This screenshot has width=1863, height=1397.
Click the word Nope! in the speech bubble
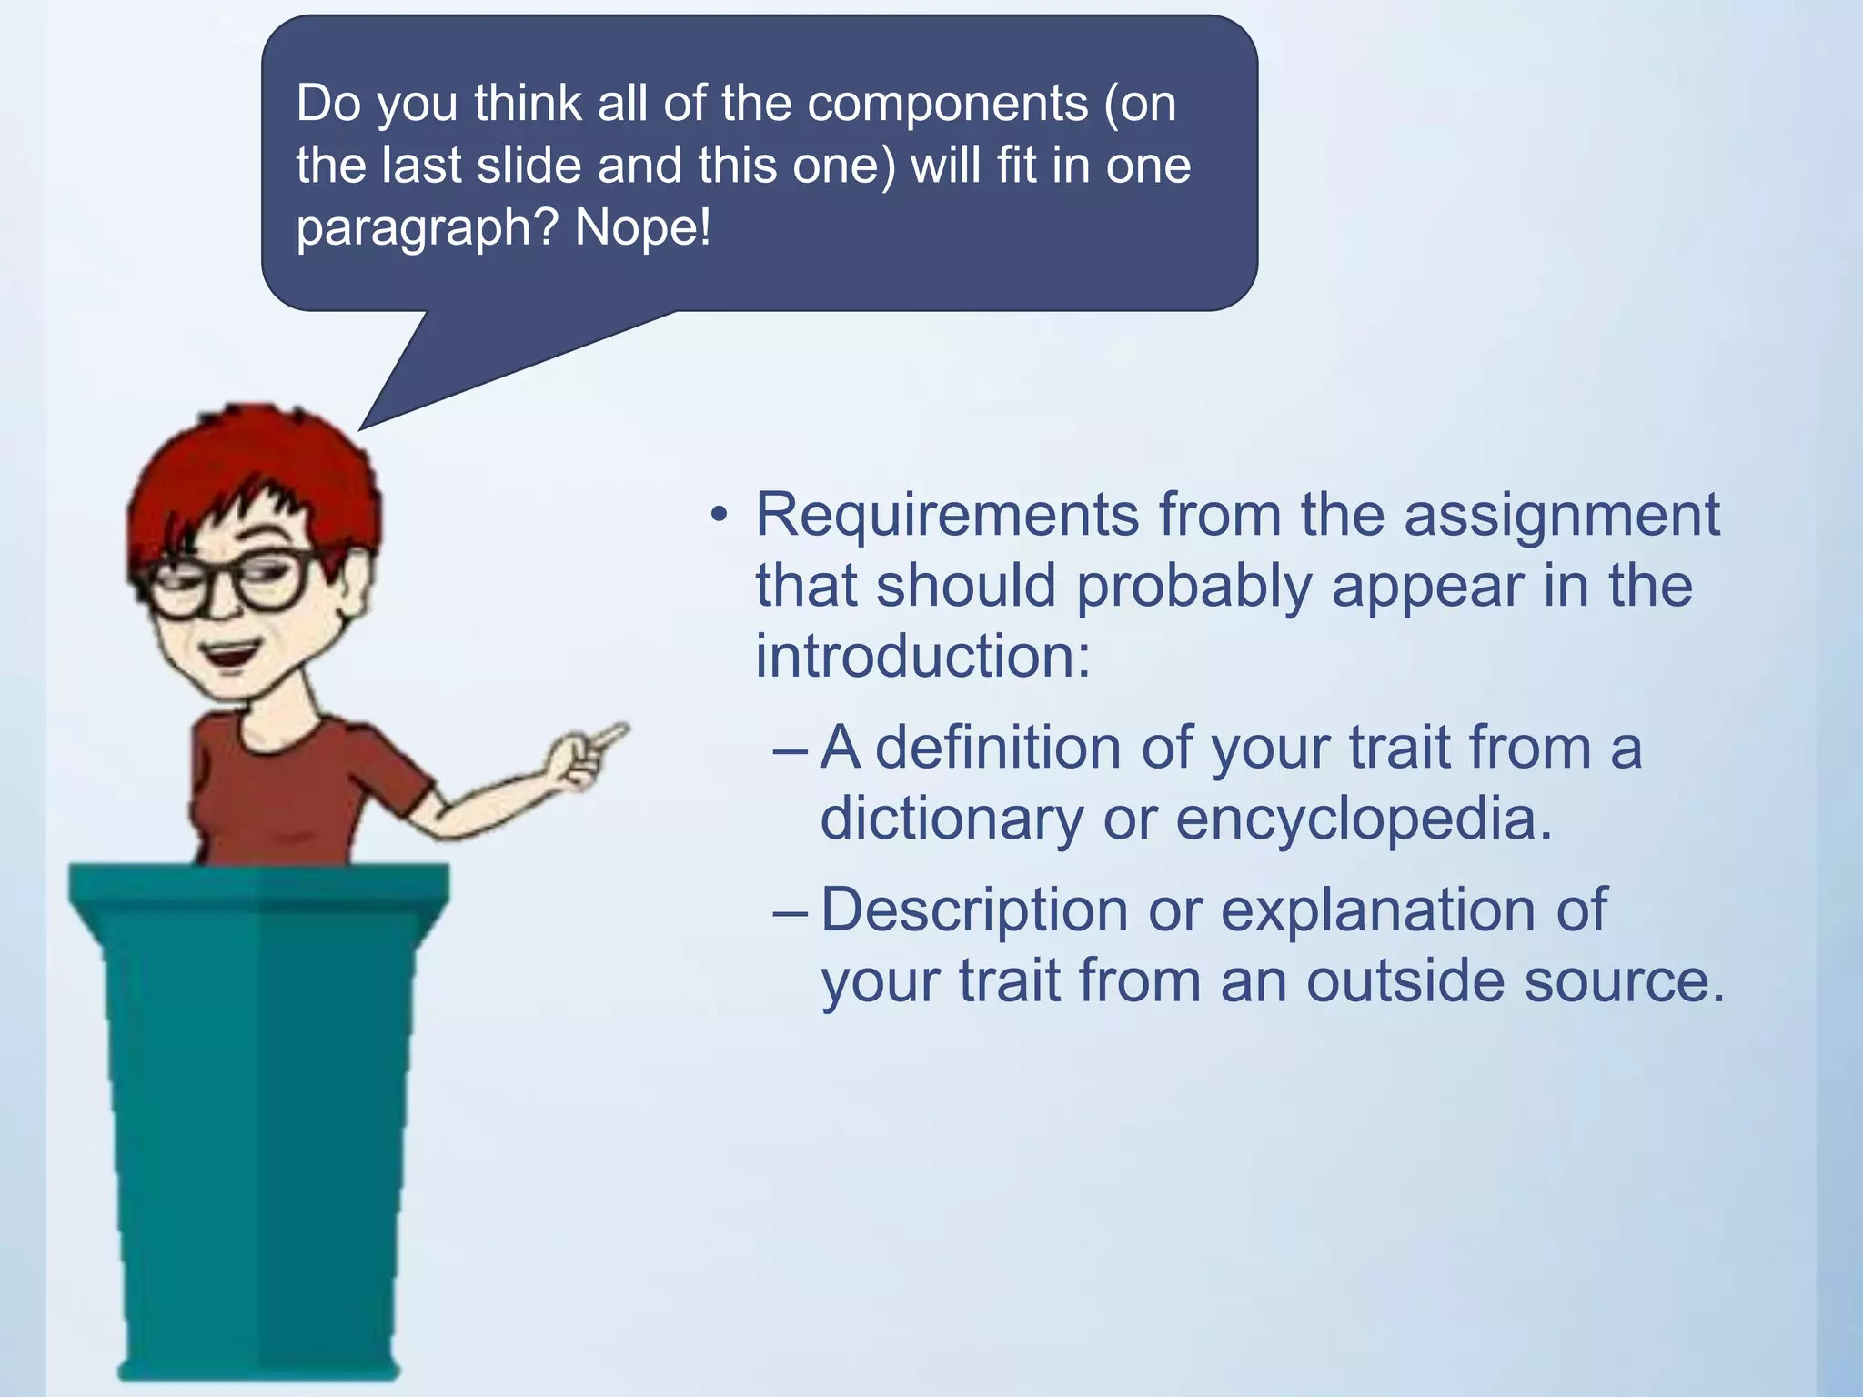(642, 227)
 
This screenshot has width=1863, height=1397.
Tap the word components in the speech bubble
(947, 104)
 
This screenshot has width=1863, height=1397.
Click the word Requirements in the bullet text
(947, 517)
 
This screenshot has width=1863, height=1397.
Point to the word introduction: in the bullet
(922, 657)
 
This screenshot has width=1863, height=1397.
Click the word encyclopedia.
(1364, 819)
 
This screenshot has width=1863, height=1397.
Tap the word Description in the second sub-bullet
(974, 910)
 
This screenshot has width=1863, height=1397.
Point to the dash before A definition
(789, 751)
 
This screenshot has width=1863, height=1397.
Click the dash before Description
(789, 913)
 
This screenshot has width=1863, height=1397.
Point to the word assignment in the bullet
(1561, 517)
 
